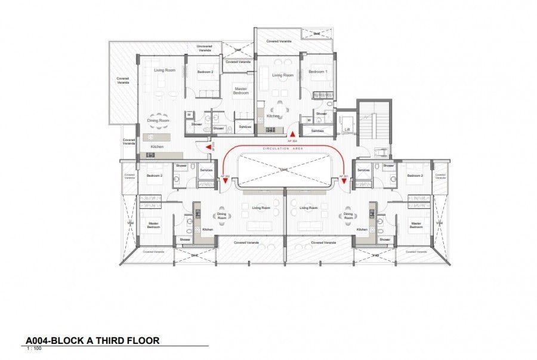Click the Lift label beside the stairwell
point(347,128)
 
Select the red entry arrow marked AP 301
point(344,181)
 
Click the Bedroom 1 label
point(318,72)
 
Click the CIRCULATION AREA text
point(283,147)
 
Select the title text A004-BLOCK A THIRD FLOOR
point(92,341)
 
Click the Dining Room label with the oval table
point(158,121)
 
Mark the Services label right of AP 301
point(363,170)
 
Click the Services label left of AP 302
point(206,170)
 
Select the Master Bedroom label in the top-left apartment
point(240,91)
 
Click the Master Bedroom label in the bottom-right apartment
point(415,225)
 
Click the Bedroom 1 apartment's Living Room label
point(282,75)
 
